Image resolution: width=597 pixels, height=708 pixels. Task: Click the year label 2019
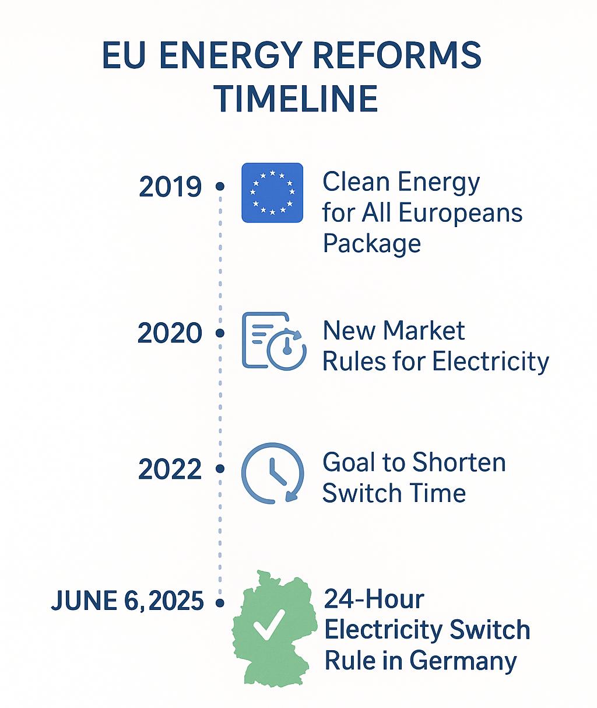[x=170, y=186]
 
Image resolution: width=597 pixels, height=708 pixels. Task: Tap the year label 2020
[x=170, y=333]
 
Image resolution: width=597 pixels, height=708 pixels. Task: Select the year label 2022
[x=170, y=469]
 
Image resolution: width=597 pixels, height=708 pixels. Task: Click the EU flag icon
[x=272, y=193]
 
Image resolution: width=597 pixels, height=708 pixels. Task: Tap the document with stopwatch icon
[x=274, y=341]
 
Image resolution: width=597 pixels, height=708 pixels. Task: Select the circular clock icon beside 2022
[x=273, y=473]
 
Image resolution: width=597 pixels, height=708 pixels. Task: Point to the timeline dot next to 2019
[x=220, y=186]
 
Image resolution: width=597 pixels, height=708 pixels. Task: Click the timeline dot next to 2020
[x=220, y=333]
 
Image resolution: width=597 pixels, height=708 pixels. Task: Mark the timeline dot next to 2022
[x=220, y=469]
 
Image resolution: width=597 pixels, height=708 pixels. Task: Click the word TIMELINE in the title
[x=296, y=98]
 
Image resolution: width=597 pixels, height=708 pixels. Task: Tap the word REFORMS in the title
[x=397, y=55]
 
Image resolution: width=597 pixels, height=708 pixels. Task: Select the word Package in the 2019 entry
[x=372, y=244]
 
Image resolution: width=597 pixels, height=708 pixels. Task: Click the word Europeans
[x=461, y=213]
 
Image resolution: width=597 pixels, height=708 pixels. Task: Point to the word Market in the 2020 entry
[x=424, y=330]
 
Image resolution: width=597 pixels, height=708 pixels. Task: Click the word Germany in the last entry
[x=463, y=661]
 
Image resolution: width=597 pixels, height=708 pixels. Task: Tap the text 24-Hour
[x=374, y=599]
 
